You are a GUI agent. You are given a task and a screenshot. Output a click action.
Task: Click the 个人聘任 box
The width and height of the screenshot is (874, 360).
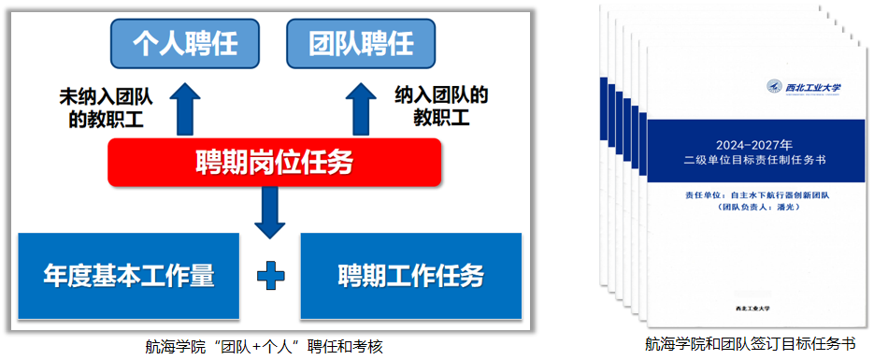pos(185,44)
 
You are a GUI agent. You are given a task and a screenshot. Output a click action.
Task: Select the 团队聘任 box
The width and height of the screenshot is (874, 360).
pos(361,44)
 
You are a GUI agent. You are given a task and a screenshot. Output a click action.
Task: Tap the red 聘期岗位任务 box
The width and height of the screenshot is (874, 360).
pos(274,164)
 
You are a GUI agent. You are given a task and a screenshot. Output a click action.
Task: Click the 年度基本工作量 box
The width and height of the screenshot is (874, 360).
pos(129,276)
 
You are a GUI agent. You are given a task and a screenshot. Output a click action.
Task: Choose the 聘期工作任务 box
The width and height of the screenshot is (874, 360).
pos(410,276)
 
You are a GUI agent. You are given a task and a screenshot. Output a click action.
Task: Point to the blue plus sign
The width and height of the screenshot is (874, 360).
pos(270,277)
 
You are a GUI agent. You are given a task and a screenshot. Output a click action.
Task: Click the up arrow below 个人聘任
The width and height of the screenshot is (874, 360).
pos(185,108)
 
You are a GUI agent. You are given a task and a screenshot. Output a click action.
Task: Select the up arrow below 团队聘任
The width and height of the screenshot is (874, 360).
pos(361,108)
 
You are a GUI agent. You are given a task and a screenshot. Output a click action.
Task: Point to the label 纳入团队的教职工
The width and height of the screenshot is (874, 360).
pos(441,107)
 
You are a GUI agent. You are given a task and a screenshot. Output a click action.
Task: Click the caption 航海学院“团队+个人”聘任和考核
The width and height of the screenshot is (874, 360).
pos(265,346)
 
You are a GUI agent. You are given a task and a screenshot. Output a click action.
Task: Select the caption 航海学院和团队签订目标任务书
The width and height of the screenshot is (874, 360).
pos(750,343)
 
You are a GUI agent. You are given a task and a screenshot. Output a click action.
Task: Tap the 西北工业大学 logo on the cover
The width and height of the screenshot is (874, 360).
pos(805,87)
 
